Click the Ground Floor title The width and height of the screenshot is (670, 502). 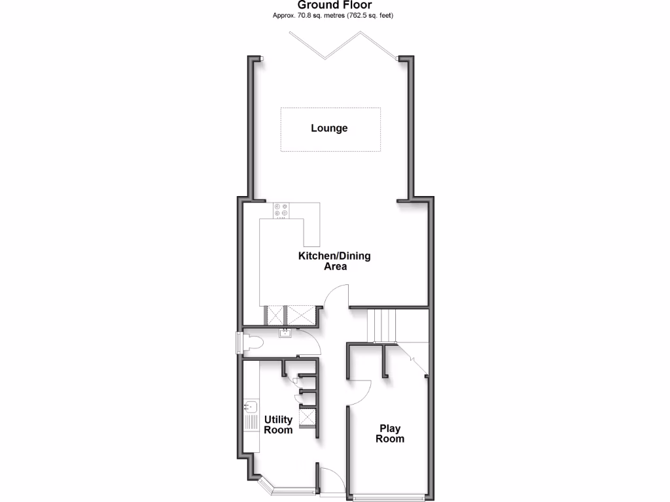coord(334,5)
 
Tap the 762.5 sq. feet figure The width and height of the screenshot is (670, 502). coord(372,15)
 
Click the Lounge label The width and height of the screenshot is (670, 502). coord(329,128)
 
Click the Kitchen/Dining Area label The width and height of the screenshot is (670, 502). coord(334,261)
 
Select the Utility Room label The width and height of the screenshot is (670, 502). coord(278,425)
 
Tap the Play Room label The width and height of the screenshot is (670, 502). coord(389,433)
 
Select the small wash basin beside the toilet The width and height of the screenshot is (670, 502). coord(285,334)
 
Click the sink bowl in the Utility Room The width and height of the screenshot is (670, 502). coord(250,406)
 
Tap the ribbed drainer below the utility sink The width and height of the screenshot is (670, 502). coord(250,424)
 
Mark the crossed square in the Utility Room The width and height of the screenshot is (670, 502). coord(307,416)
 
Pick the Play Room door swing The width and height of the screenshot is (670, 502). coord(359,392)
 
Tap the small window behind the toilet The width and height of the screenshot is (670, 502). coord(238,342)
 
